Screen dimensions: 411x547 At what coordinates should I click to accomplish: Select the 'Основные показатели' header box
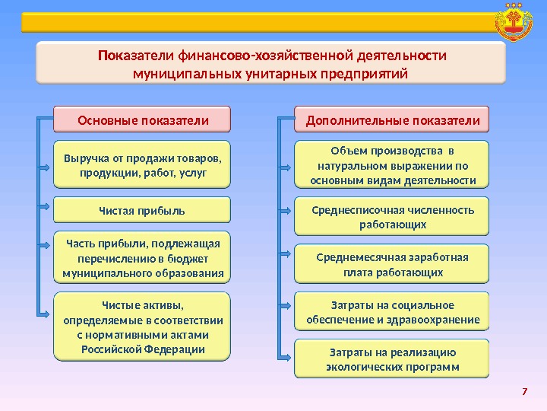pyautogui.click(x=142, y=119)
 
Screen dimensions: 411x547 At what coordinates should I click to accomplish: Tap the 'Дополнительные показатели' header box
pyautogui.click(x=392, y=119)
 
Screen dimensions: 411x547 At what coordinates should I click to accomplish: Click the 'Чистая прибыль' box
pyautogui.click(x=142, y=210)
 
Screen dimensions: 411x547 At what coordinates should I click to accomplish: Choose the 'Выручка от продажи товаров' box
pyautogui.click(x=142, y=164)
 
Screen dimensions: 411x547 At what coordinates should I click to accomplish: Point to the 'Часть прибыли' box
pyautogui.click(x=142, y=258)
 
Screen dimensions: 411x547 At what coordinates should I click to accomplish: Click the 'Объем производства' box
pyautogui.click(x=392, y=164)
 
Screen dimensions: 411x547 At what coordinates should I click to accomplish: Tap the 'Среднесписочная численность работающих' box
pyautogui.click(x=392, y=217)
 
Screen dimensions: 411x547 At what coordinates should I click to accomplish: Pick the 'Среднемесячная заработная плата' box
pyautogui.click(x=392, y=264)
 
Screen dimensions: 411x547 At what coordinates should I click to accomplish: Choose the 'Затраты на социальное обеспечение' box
pyautogui.click(x=392, y=312)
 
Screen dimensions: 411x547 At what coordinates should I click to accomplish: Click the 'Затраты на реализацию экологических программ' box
pyautogui.click(x=392, y=359)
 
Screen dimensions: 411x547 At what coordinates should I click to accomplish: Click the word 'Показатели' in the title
pyautogui.click(x=135, y=56)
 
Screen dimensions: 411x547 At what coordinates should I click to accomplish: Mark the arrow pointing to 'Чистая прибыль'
pyautogui.click(x=46, y=208)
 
